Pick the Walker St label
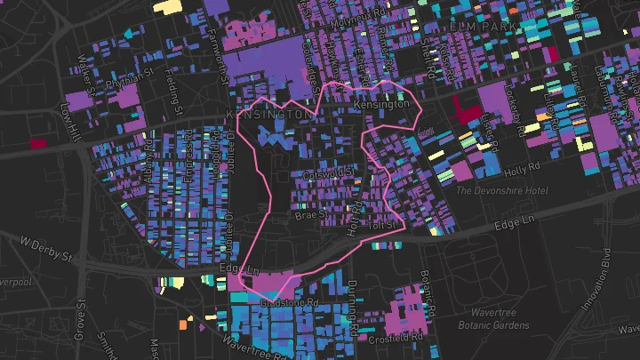click(x=87, y=62)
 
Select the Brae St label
click(x=311, y=214)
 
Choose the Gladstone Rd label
click(x=289, y=303)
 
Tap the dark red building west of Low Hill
click(x=38, y=142)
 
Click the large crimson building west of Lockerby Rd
click(x=465, y=109)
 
